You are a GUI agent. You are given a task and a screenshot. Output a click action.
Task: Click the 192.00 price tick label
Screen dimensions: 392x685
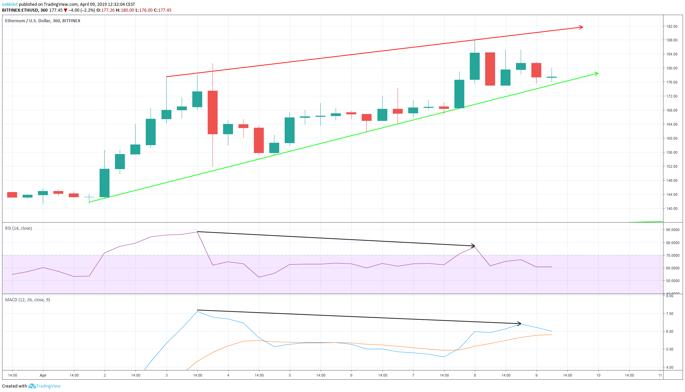(672, 26)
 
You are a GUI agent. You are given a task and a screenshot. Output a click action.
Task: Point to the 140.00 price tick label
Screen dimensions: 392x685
(672, 208)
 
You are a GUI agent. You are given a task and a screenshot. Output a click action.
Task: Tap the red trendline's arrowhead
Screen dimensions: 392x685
(581, 27)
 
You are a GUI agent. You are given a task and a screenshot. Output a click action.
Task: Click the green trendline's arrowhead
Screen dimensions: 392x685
(596, 73)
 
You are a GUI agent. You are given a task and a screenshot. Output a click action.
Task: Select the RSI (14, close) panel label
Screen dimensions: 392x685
(18, 228)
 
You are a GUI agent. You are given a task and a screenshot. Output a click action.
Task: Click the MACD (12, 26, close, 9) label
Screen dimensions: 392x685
(27, 300)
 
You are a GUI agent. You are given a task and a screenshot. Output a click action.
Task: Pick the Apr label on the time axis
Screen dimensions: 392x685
(43, 375)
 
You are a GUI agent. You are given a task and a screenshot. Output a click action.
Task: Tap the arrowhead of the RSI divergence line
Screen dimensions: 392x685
(473, 245)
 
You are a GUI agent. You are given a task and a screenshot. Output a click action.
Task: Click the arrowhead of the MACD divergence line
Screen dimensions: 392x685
(519, 324)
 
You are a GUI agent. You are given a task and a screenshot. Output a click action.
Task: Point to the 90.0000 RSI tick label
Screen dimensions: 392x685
(672, 230)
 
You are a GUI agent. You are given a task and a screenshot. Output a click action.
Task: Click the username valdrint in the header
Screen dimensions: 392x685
(10, 4)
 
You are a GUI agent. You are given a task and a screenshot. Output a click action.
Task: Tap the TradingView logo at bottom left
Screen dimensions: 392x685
(44, 386)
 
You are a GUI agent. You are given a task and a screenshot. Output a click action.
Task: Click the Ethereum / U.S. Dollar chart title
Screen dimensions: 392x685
(43, 21)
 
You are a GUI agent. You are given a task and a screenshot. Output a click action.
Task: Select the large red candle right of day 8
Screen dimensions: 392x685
(490, 69)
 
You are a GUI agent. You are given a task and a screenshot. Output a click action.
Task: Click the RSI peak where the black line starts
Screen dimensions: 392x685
(198, 232)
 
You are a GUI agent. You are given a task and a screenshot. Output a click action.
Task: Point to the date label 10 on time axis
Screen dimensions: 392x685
(598, 375)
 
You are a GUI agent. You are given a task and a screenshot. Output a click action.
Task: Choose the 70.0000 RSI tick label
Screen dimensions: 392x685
(672, 255)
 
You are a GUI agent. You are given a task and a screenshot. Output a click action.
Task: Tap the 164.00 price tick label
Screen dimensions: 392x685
(672, 124)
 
